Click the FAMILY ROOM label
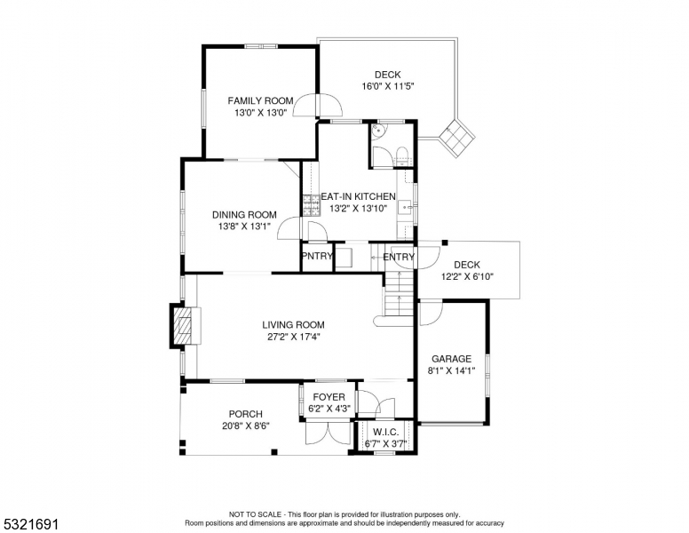click(260, 100)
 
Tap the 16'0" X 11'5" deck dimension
click(388, 86)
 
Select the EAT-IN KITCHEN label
click(358, 196)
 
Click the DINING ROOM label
click(244, 215)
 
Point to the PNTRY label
click(317, 256)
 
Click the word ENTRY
click(399, 257)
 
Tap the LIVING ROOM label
click(293, 325)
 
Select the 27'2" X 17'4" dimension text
click(293, 337)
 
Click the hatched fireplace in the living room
click(183, 326)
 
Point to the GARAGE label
click(451, 359)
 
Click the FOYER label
click(329, 397)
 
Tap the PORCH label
click(246, 414)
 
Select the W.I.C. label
click(386, 432)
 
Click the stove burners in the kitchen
click(311, 205)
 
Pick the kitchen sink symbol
click(405, 207)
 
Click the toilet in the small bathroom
click(402, 156)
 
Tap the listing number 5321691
click(31, 524)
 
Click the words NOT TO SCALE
click(255, 514)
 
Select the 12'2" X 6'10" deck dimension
click(467, 276)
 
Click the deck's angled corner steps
click(457, 136)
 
